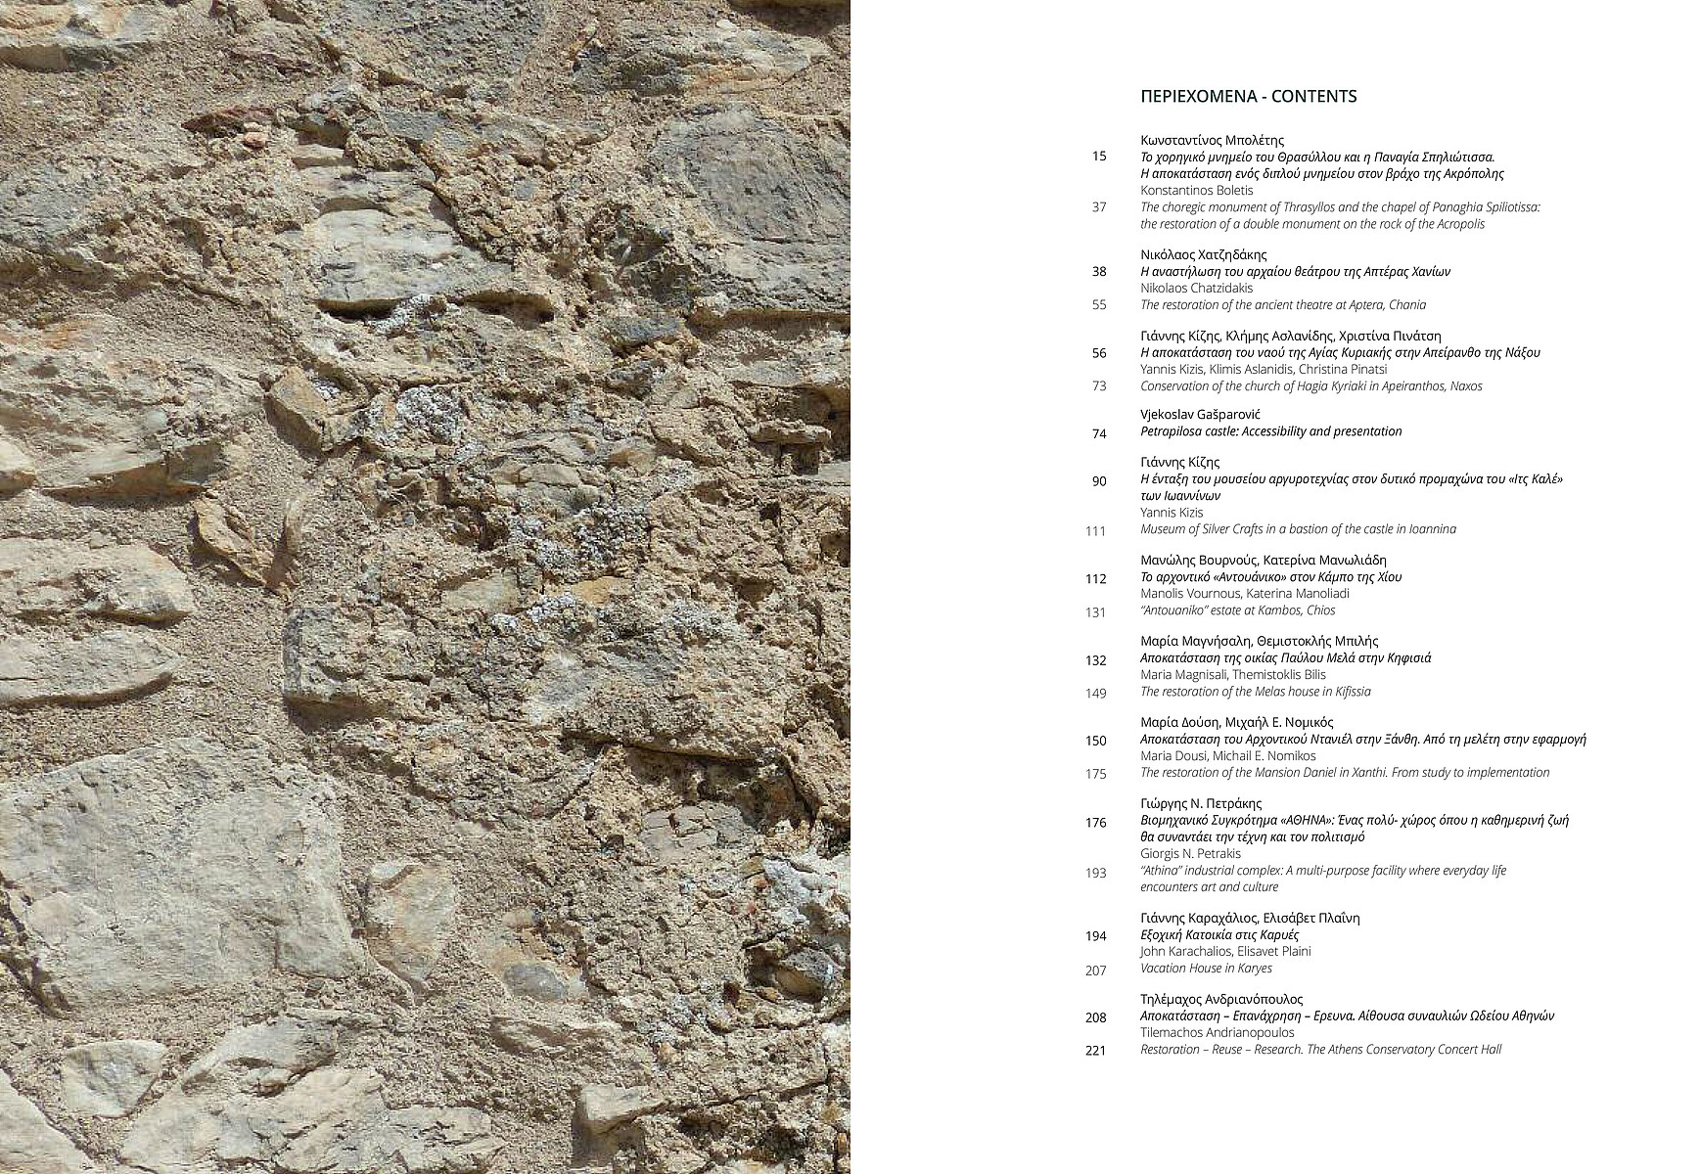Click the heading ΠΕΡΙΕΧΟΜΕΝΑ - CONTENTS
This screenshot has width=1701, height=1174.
[1248, 96]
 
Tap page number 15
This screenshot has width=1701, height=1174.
[1099, 157]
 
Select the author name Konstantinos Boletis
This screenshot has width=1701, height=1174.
[1196, 191]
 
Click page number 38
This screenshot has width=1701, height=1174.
[1099, 272]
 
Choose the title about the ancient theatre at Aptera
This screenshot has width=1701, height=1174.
[1282, 305]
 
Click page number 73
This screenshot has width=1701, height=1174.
[1099, 386]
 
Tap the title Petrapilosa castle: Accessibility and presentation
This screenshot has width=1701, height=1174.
[1270, 431]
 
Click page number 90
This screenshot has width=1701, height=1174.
[1099, 481]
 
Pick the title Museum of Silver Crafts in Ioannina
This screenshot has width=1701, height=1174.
[1298, 529]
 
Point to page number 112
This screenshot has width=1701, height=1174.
[1096, 579]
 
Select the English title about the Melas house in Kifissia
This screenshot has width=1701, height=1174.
[1255, 692]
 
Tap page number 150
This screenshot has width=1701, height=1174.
[1096, 742]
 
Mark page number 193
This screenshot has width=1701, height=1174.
[1096, 874]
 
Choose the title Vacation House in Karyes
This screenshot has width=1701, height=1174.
[1206, 969]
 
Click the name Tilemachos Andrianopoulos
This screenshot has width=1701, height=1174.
[1217, 1033]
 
